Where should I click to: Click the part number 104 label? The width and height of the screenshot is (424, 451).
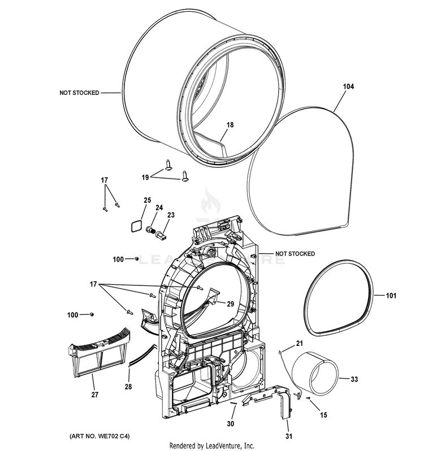[348, 86]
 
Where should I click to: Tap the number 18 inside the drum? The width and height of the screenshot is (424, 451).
[230, 124]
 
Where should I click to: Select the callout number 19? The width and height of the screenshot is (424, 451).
[145, 177]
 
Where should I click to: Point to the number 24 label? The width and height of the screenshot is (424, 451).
[159, 207]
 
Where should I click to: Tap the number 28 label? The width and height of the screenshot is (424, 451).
[128, 386]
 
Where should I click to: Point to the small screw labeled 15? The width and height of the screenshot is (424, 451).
[308, 398]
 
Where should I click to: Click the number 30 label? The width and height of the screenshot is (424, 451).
[230, 423]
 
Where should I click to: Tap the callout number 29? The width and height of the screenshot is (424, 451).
[230, 304]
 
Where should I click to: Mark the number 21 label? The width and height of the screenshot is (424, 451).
[300, 342]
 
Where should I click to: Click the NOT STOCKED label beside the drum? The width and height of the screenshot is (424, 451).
[79, 93]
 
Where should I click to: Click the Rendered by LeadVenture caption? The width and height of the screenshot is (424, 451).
[211, 446]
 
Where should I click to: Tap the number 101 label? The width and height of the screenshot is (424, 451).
[391, 295]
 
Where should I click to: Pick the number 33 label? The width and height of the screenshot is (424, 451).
[354, 379]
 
